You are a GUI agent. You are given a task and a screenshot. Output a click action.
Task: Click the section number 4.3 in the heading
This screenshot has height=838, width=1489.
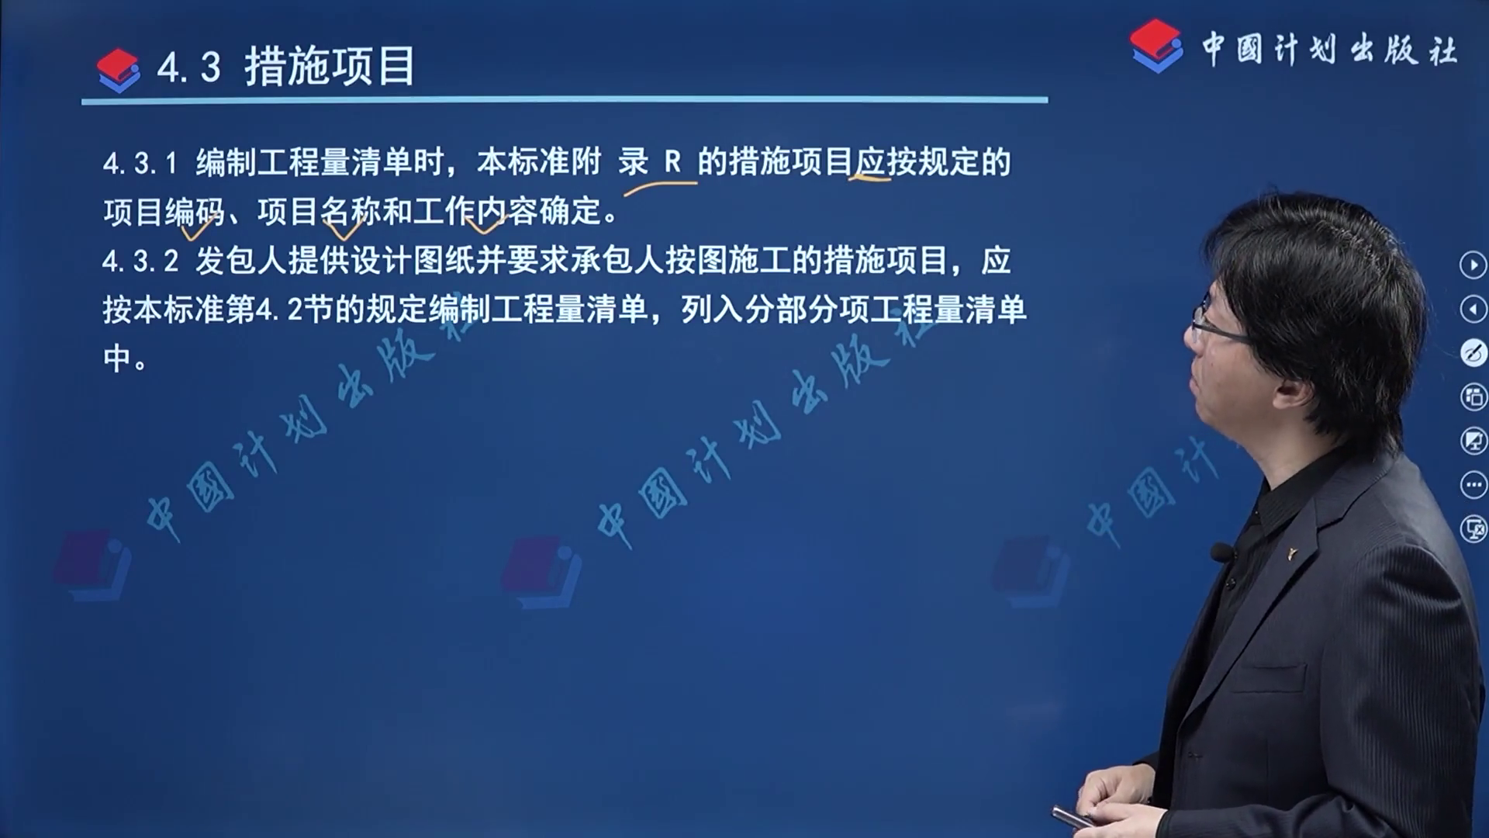pyautogui.click(x=188, y=68)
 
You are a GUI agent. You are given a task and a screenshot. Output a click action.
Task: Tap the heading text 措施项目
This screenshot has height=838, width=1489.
pyautogui.click(x=330, y=66)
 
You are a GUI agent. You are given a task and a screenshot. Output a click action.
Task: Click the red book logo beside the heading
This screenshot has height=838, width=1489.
pyautogui.click(x=119, y=71)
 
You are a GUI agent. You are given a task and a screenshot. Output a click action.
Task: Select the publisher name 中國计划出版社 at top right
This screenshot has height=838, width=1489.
pyautogui.click(x=1329, y=50)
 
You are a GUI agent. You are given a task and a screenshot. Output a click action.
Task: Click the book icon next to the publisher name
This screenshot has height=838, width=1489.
pyautogui.click(x=1156, y=46)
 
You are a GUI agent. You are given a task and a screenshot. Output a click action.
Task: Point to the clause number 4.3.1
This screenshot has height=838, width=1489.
pyautogui.click(x=140, y=164)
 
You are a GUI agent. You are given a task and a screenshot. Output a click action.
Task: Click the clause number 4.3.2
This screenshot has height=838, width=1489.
pyautogui.click(x=140, y=261)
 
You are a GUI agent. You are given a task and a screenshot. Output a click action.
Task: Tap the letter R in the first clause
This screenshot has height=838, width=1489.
pyautogui.click(x=672, y=162)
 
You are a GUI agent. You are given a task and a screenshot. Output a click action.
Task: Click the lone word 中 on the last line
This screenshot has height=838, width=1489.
pyautogui.click(x=118, y=358)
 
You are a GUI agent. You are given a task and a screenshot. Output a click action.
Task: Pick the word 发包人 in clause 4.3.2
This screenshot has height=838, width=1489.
pyautogui.click(x=241, y=261)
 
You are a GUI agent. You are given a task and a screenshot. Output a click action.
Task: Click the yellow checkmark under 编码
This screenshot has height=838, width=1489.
pyautogui.click(x=197, y=228)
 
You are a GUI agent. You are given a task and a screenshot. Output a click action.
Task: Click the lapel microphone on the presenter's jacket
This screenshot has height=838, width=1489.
pyautogui.click(x=1221, y=552)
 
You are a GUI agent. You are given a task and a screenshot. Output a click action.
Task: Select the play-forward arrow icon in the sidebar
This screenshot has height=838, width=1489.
pyautogui.click(x=1473, y=265)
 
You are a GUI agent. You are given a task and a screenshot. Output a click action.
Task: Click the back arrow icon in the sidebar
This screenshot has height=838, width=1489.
pyautogui.click(x=1473, y=310)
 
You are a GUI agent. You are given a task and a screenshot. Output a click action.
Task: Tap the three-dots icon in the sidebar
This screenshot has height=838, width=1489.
pyautogui.click(x=1473, y=486)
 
